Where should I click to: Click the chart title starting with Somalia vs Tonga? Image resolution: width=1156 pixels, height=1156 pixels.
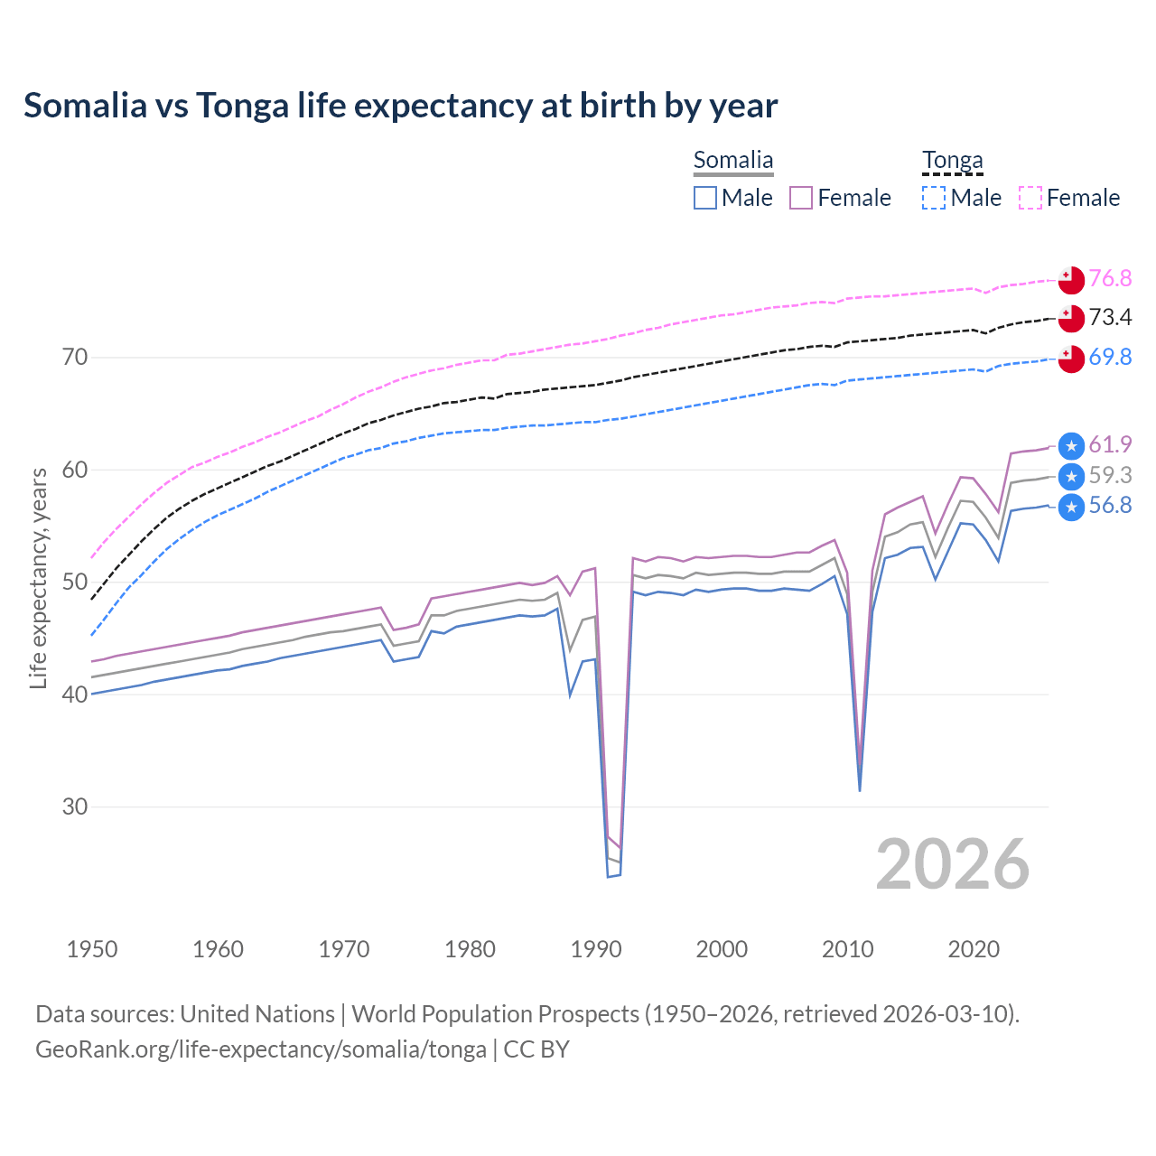pos(400,106)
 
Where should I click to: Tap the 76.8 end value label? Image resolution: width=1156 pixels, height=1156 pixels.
pos(1110,278)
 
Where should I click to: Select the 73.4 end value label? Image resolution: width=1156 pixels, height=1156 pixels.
pos(1110,317)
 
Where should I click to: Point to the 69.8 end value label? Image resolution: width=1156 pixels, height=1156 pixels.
pos(1110,357)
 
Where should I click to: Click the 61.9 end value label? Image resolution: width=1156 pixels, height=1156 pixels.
pos(1110,444)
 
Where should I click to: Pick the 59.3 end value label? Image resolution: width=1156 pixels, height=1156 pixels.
pos(1110,475)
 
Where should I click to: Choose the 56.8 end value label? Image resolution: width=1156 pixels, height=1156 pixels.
pos(1110,506)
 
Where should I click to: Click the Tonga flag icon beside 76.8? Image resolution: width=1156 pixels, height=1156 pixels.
pos(1071,280)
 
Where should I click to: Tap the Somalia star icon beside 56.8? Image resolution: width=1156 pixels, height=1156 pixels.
pos(1071,507)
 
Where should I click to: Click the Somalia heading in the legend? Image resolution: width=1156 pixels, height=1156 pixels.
pos(733,161)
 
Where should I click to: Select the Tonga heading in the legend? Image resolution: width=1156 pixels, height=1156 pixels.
pos(952,161)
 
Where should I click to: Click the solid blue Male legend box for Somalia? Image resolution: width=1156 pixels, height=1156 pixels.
pos(705,198)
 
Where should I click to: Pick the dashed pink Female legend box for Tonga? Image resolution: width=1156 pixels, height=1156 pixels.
pos(1030,198)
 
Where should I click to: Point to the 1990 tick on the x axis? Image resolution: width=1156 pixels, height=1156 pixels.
pos(596,949)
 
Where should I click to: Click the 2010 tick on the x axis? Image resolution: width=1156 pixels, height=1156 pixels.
pos(848,949)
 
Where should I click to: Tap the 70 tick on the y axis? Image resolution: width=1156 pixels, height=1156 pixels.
pos(75,358)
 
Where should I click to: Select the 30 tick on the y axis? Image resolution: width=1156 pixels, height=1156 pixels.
pos(75,806)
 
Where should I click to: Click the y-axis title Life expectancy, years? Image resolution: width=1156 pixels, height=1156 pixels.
pos(38,578)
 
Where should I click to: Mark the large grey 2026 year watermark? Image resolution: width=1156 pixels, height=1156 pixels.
pos(953,864)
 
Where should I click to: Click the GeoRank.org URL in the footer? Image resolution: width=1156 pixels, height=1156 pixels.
pos(261,1049)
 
